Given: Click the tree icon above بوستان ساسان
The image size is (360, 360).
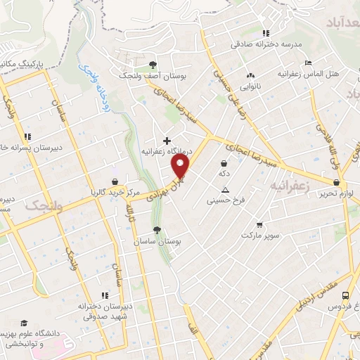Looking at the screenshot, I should pos(156,230).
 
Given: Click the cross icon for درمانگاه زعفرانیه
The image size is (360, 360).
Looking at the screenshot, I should pos(166,140).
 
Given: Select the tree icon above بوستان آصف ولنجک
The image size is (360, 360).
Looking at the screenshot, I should pos(153,63).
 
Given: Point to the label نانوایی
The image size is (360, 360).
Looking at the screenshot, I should pos(250,86).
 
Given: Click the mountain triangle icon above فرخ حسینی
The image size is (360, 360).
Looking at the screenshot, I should pos(225,190).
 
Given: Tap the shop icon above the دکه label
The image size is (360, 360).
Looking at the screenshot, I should pos(224,163).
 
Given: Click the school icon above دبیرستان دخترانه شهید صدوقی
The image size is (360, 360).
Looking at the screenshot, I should pos(104,295).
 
